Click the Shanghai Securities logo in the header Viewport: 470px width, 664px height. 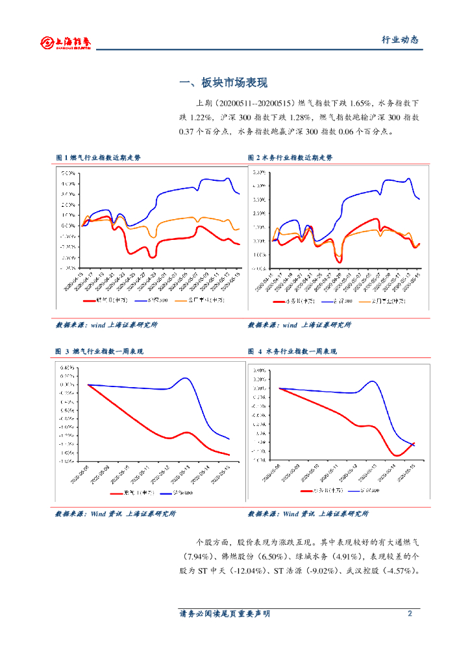pyautogui.click(x=65, y=42)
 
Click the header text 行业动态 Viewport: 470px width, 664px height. pyautogui.click(x=399, y=40)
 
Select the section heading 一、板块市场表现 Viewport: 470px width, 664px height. pyautogui.click(x=223, y=83)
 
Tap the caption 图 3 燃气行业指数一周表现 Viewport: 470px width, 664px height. pyautogui.click(x=99, y=351)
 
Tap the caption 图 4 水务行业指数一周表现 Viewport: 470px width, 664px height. pyautogui.click(x=292, y=351)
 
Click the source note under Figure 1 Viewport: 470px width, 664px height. pyautogui.click(x=106, y=325)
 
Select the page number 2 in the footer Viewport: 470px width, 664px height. pyautogui.click(x=410, y=613)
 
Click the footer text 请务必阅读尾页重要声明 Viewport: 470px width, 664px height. pyautogui.click(x=224, y=613)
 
